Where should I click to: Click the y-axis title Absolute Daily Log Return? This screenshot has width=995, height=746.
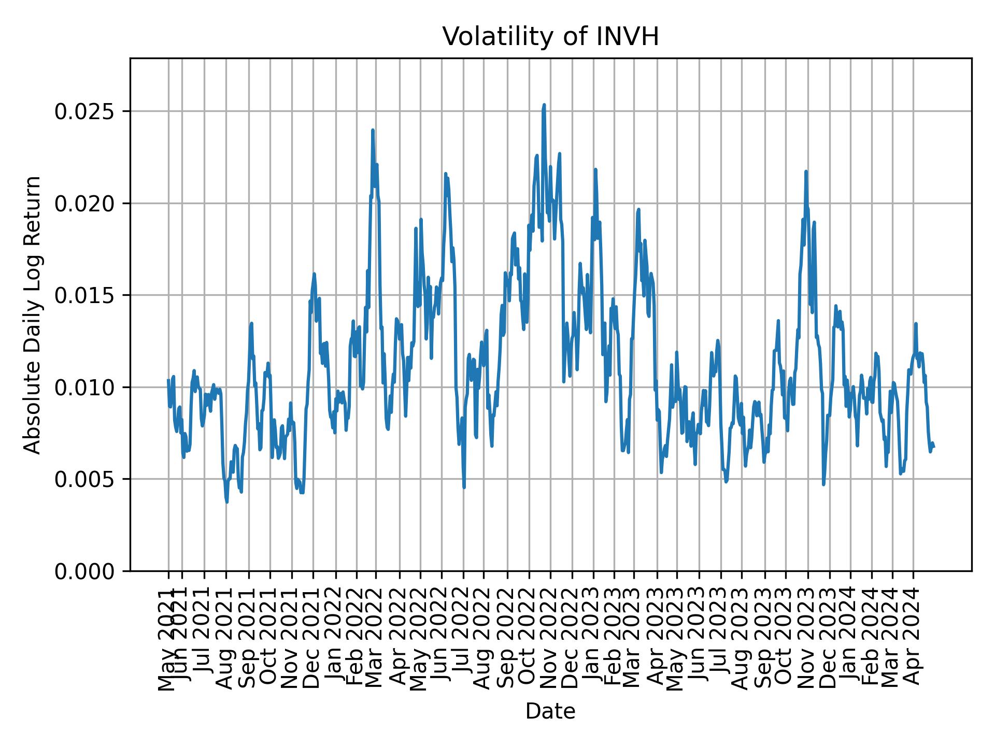click(x=33, y=315)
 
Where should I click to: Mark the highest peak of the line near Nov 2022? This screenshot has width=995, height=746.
click(x=544, y=105)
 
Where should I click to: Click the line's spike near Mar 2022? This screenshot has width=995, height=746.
click(x=373, y=130)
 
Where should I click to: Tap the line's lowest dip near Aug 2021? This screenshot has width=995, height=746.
click(x=226, y=501)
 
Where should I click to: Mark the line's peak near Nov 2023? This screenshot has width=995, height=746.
click(x=806, y=171)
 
